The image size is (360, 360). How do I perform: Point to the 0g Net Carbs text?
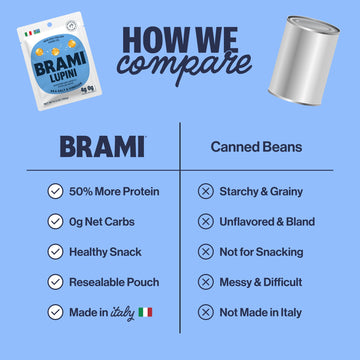point(105,221)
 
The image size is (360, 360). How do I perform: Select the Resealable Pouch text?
point(115,283)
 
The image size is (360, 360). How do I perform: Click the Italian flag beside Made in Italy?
point(148,314)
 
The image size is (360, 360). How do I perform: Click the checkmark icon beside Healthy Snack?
point(55,252)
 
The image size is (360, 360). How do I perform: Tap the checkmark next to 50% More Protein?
point(55,190)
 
